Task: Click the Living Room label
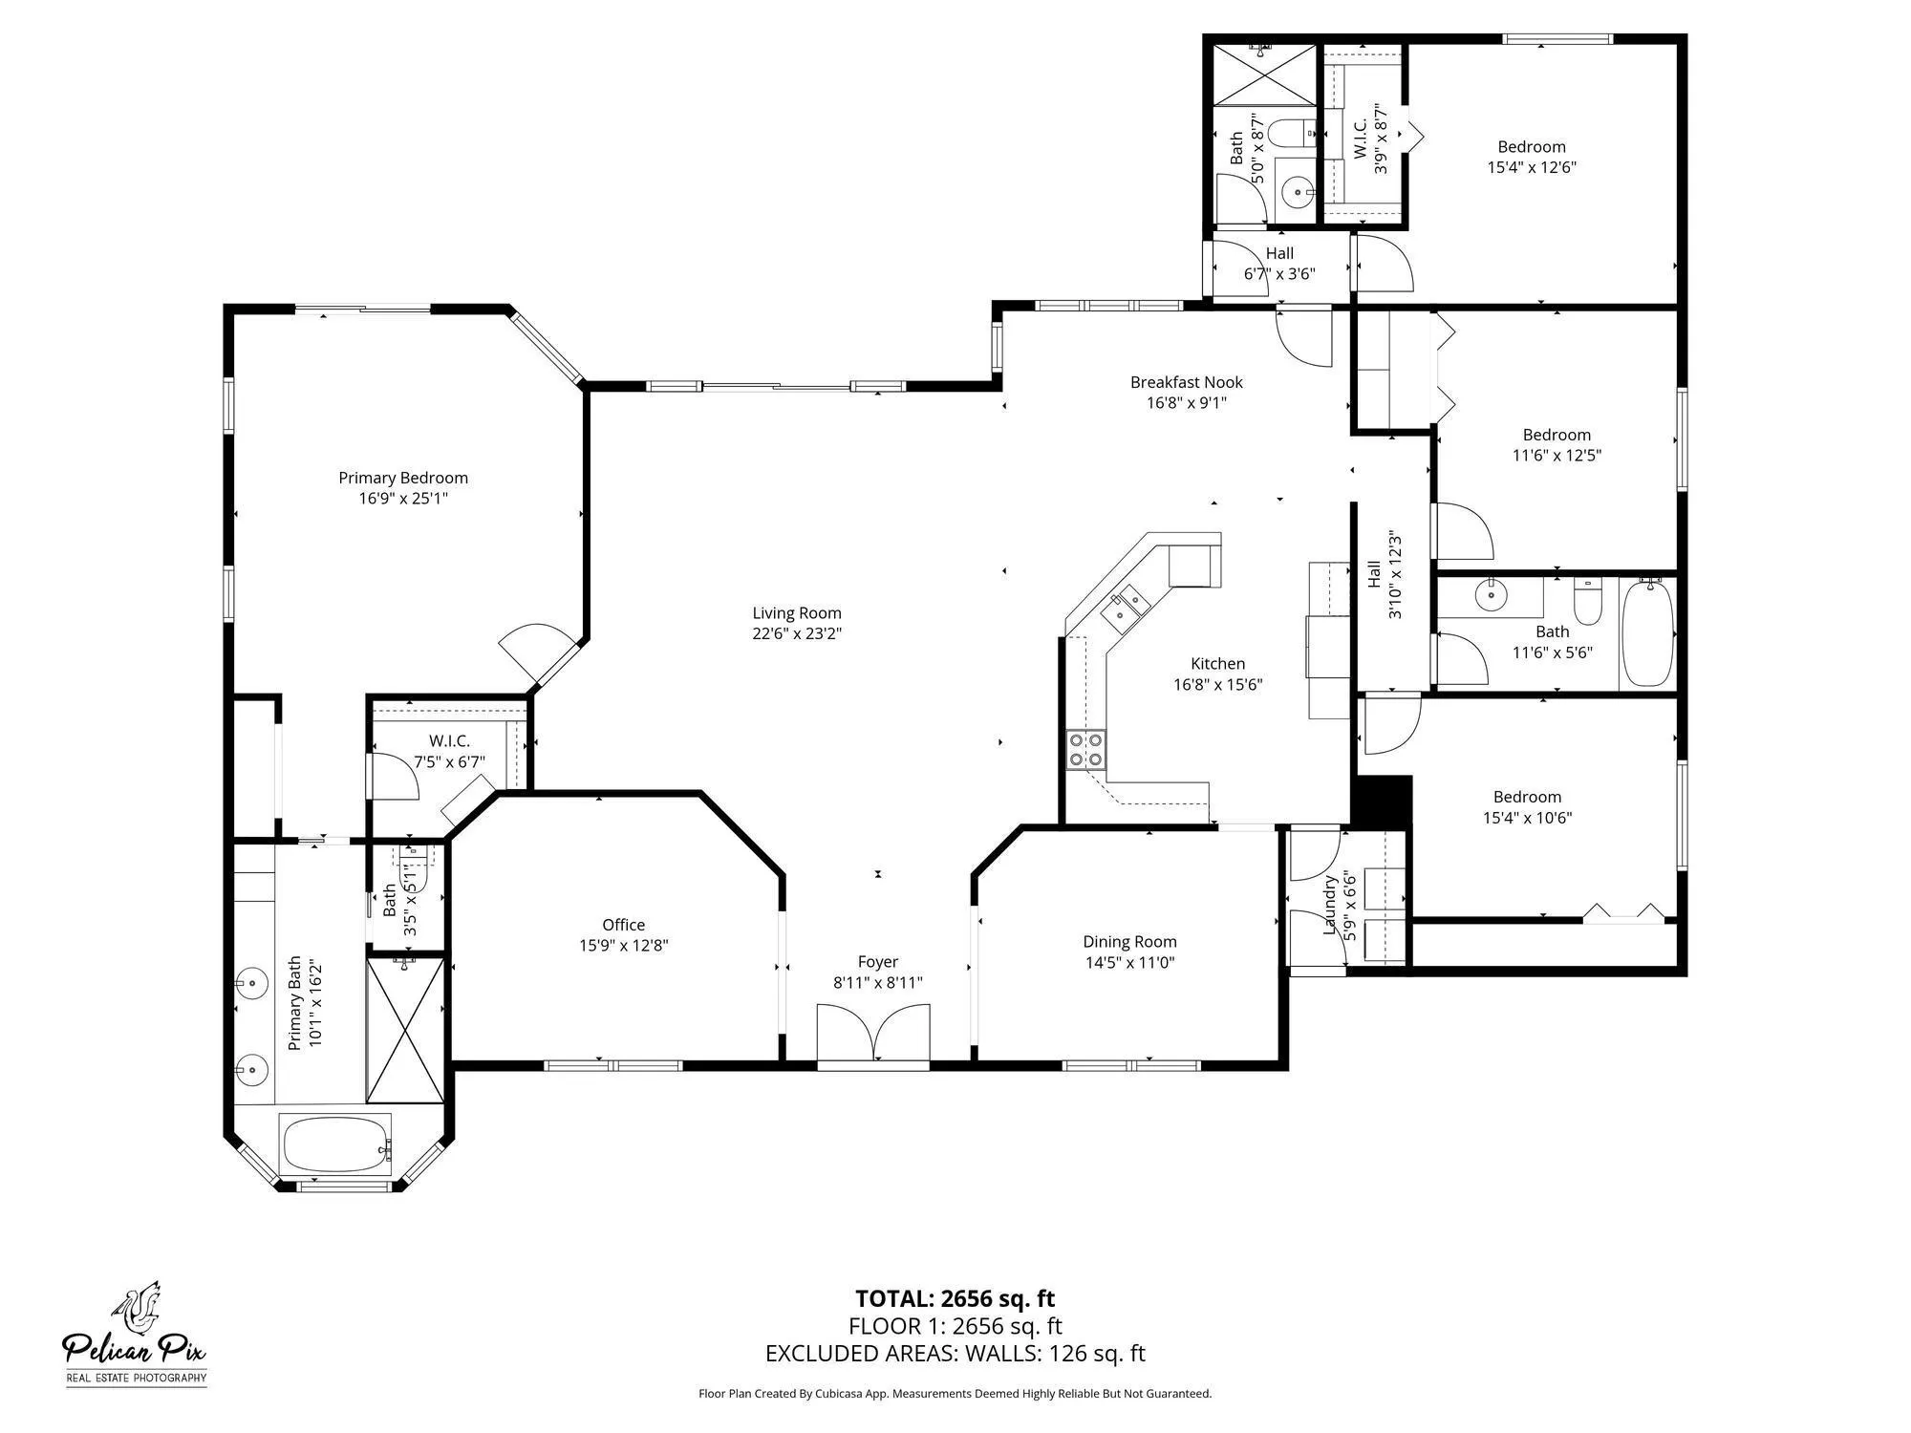click(x=796, y=613)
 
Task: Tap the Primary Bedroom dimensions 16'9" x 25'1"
click(x=403, y=499)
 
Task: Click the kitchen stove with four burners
click(x=1085, y=750)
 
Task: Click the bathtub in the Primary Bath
click(x=335, y=1144)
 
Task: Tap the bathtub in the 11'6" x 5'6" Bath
click(x=1648, y=632)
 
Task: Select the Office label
click(x=623, y=925)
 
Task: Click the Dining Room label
click(x=1129, y=942)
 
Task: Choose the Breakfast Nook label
click(x=1186, y=382)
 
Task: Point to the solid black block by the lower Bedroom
click(x=1383, y=800)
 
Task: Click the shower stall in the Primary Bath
click(x=406, y=1031)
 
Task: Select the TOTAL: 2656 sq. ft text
click(x=955, y=1298)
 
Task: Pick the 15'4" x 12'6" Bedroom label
click(x=1531, y=147)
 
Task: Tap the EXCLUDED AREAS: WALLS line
click(x=955, y=1354)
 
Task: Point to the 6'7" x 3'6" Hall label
click(x=1278, y=253)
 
